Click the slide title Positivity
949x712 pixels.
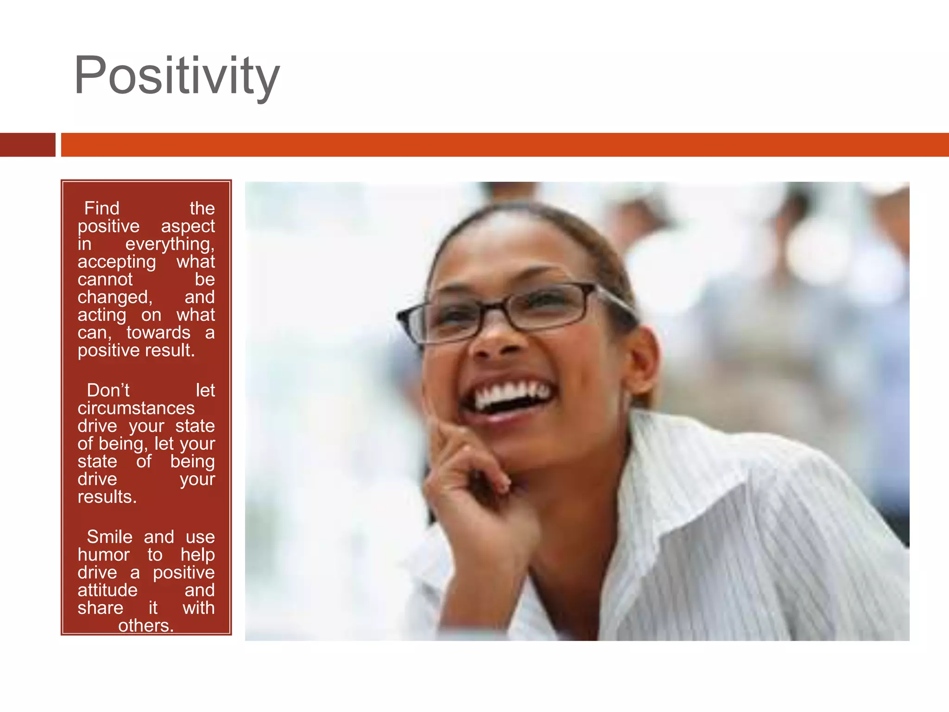pos(177,75)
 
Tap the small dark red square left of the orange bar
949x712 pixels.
pos(27,145)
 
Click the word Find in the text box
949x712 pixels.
pos(101,208)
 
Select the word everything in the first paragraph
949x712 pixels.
pos(170,244)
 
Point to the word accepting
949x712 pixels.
pos(116,262)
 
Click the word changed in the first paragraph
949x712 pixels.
pos(114,297)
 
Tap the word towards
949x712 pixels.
pos(158,332)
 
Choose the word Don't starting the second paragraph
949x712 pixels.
pos(108,390)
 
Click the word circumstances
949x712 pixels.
pos(136,408)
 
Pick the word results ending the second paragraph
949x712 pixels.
pos(107,497)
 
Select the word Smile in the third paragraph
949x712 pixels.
pos(109,537)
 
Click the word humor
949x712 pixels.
pos(103,555)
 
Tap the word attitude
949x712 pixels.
pos(107,590)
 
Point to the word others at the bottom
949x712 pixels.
pos(146,626)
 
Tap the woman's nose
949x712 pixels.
pos(496,343)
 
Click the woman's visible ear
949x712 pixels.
pos(642,357)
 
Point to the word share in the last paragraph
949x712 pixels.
pos(100,608)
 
